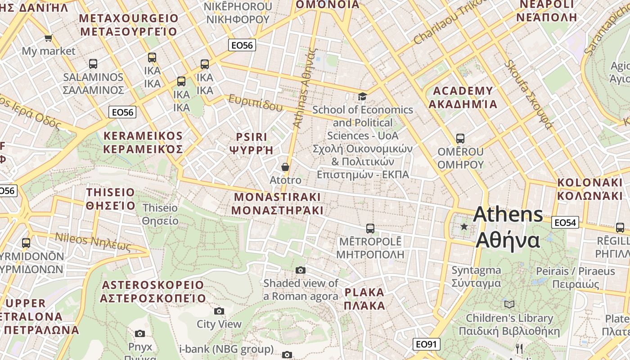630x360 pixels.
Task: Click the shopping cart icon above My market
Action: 48,38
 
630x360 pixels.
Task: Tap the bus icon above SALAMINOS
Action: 93,64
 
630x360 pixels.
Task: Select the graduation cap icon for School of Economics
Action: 362,96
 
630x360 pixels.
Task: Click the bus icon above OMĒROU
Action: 460,138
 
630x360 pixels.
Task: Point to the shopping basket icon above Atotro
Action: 285,167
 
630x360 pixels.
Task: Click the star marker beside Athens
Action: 464,227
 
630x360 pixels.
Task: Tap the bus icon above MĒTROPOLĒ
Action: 370,229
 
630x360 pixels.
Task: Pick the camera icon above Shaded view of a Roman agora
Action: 301,270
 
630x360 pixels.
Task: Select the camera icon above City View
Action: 219,311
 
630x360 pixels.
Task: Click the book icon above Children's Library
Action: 509,305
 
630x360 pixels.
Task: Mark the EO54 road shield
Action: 565,222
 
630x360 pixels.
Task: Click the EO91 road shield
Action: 426,344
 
